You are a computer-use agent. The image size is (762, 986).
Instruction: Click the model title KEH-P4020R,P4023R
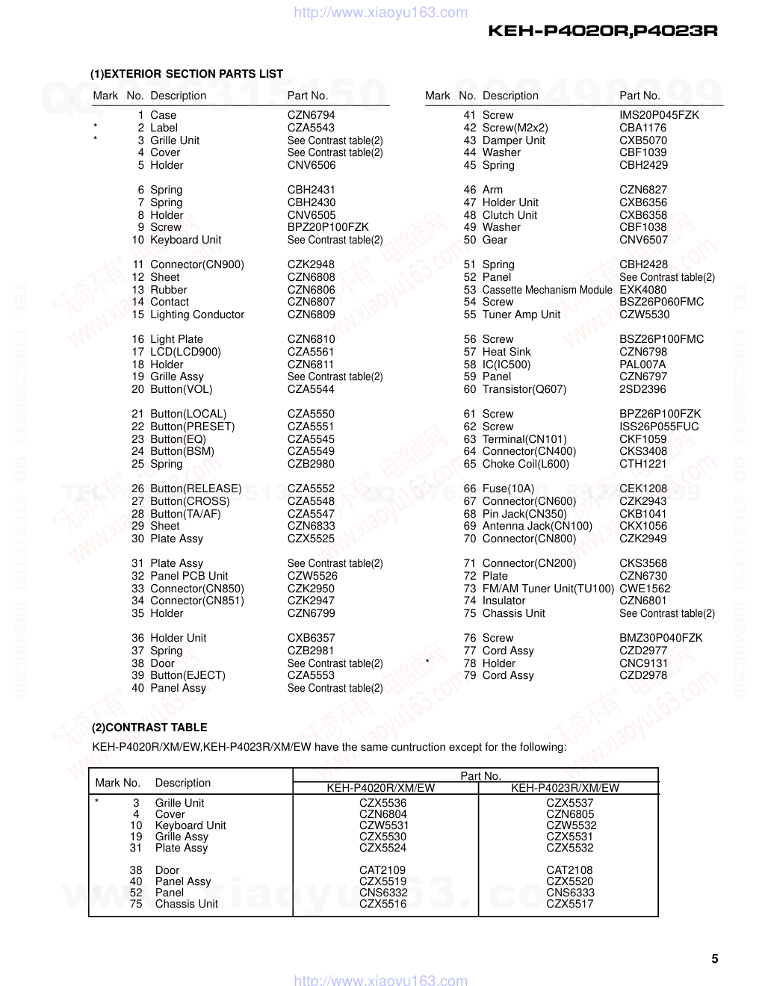click(x=602, y=31)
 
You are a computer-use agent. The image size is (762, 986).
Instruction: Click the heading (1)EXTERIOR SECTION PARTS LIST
click(x=187, y=74)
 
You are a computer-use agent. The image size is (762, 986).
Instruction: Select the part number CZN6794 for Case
click(x=311, y=115)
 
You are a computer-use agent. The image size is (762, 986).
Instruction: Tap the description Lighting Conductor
click(x=197, y=314)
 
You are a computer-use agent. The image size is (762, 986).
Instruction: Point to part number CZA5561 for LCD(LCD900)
click(x=311, y=352)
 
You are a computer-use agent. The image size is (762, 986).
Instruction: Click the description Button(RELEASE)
click(x=196, y=489)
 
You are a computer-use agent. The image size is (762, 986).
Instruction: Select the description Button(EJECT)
click(x=188, y=675)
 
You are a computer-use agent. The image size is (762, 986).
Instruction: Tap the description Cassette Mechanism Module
click(x=547, y=290)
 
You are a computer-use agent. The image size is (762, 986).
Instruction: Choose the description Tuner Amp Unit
click(x=521, y=314)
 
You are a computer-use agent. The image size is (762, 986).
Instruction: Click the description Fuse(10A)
click(x=509, y=489)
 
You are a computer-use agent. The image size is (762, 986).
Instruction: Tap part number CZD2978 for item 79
click(x=643, y=675)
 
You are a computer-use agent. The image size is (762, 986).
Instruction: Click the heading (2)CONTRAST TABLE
click(x=149, y=728)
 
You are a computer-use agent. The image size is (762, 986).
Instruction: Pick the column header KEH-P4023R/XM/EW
click(x=565, y=787)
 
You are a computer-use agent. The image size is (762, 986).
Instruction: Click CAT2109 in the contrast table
click(x=382, y=870)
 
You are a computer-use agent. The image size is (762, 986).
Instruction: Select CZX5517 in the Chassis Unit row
click(x=569, y=904)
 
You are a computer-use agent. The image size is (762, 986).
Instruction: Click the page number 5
click(x=714, y=958)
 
